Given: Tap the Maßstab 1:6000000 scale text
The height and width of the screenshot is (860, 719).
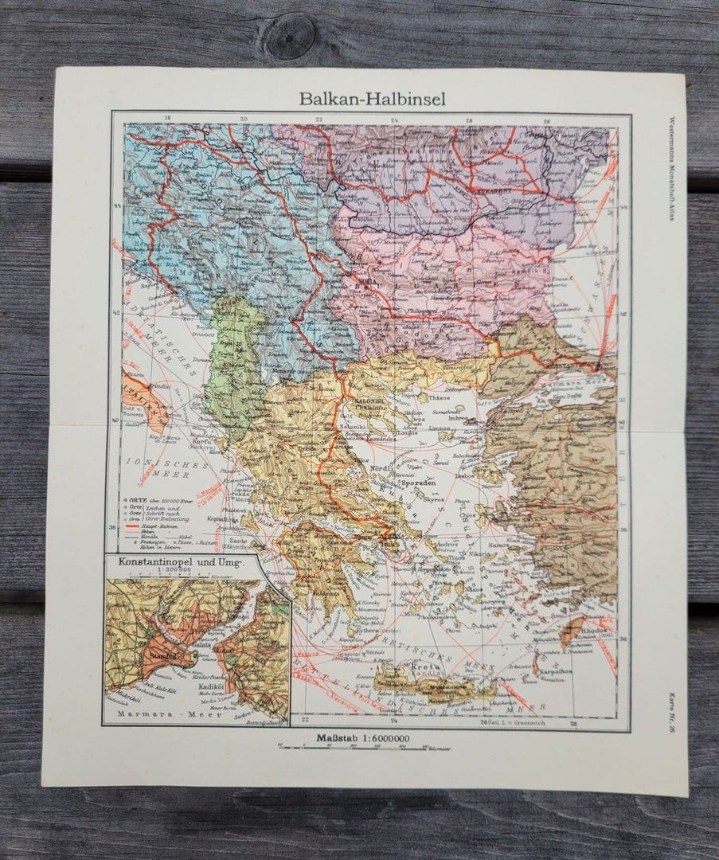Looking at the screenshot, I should pos(363,737).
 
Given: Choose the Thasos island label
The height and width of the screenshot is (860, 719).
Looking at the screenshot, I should pos(440,394).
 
